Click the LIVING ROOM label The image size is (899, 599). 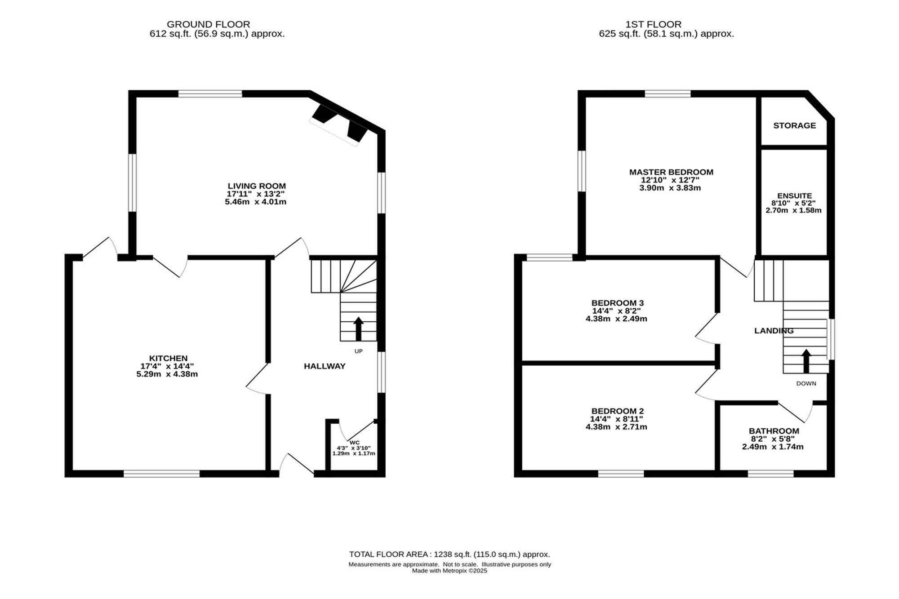point(257,186)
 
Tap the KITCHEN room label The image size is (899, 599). point(169,358)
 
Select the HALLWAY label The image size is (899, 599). point(325,366)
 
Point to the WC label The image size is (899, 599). point(355,443)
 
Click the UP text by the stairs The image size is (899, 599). point(358,351)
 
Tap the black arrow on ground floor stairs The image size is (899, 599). point(358,329)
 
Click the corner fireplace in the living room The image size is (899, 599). point(339,124)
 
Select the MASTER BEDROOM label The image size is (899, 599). point(671,172)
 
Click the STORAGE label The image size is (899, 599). point(794,125)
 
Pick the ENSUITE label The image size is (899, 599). point(794,196)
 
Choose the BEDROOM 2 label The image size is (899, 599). point(618,411)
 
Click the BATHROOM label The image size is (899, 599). point(774,431)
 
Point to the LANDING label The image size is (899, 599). point(774,331)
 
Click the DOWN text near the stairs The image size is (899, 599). point(806,383)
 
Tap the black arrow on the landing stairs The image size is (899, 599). point(806,361)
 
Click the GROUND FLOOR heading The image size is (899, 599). point(208,24)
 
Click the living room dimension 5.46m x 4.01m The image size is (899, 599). point(256,202)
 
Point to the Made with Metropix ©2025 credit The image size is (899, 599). point(449,571)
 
